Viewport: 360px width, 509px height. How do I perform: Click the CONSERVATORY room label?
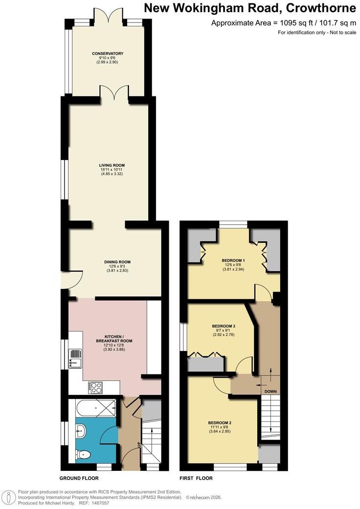[107, 53]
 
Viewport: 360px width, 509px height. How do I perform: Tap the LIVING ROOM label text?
[112, 165]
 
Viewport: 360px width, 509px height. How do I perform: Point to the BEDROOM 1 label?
[233, 260]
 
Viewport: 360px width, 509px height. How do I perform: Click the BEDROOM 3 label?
[224, 326]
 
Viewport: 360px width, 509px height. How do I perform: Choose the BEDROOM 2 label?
[220, 423]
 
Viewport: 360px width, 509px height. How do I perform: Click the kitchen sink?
[75, 358]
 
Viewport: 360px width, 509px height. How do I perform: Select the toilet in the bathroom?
[83, 455]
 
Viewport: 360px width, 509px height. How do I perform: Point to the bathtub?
[96, 408]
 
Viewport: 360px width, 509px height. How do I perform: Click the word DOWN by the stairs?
[270, 392]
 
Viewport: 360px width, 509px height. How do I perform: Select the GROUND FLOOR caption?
[79, 478]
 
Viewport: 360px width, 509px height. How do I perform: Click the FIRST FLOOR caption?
[196, 478]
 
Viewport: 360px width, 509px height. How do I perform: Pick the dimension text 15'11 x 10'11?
[112, 169]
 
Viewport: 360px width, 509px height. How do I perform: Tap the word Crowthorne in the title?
[321, 8]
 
